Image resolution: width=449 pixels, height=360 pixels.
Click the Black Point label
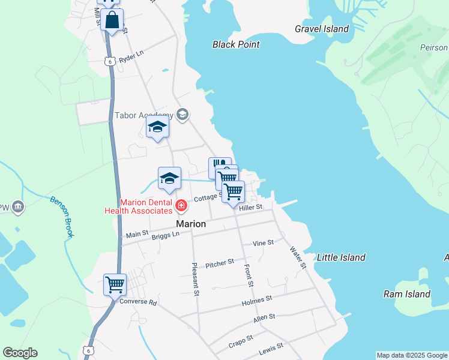coord(236,44)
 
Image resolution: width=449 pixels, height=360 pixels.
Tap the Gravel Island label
coord(322,29)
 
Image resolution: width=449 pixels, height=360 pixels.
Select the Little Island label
coord(341,257)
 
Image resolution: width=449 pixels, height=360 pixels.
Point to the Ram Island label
coord(407,294)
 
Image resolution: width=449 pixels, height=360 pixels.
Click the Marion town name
coord(191,224)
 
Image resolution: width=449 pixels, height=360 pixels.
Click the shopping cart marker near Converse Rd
coord(115,284)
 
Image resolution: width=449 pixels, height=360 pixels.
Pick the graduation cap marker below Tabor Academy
coord(158,127)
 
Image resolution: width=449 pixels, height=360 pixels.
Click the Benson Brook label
coord(62,217)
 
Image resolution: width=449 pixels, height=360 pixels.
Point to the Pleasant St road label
coord(195,280)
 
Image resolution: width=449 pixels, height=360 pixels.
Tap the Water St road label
coord(298,257)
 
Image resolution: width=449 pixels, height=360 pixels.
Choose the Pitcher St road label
coord(219,263)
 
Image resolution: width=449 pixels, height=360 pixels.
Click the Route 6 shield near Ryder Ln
coord(109,61)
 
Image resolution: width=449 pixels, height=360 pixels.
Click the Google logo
coord(20,353)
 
